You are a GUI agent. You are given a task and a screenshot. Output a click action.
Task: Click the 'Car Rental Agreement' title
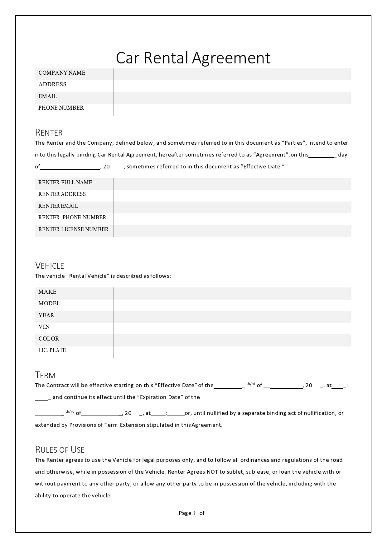tap(193, 58)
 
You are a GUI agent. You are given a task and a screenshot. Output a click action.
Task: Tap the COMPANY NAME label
tap(62, 73)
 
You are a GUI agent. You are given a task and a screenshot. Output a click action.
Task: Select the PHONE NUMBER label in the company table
tap(61, 108)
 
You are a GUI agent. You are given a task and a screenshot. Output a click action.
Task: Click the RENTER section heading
tap(49, 133)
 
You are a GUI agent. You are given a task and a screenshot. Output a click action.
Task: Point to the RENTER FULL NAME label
tap(65, 182)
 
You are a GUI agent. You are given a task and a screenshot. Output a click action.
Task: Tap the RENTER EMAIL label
tap(58, 206)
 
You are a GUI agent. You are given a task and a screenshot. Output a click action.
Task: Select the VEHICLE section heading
tap(50, 266)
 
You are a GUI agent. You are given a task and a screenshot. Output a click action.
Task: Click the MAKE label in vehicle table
tap(47, 292)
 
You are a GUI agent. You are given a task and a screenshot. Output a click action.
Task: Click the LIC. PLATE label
tap(52, 350)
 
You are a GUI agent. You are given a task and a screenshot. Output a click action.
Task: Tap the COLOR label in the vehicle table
tap(49, 339)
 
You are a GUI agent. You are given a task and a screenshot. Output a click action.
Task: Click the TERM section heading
tap(45, 375)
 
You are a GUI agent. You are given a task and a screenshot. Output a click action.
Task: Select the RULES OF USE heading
tap(60, 450)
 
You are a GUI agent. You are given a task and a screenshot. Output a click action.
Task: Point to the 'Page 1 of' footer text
tap(191, 513)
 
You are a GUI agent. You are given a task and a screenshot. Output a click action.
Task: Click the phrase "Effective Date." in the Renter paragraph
tap(263, 167)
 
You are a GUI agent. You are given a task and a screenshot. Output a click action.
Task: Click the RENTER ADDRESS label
tap(62, 194)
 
